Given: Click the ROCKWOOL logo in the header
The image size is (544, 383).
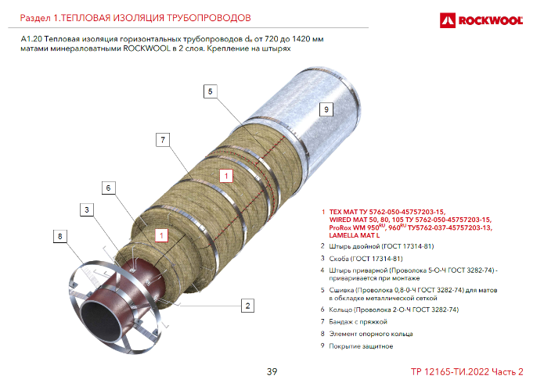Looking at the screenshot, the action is (x=481, y=20).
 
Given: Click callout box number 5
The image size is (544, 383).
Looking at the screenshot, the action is (x=210, y=91).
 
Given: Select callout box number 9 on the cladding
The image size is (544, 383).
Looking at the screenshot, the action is (x=326, y=109).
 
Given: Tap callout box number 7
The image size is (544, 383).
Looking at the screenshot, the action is (x=163, y=140).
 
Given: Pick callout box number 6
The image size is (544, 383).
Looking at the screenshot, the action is (x=108, y=188).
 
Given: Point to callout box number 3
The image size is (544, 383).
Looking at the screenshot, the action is (x=87, y=209).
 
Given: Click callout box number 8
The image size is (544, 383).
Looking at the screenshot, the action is (x=60, y=236).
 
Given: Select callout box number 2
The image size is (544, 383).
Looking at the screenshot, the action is (x=247, y=306).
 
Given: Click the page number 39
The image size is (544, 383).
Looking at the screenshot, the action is (x=272, y=371).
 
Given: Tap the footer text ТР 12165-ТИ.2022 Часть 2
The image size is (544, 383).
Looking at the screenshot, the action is (x=467, y=372).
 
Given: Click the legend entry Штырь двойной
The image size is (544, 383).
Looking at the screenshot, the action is (x=381, y=246).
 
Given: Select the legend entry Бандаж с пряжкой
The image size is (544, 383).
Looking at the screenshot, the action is (x=358, y=322).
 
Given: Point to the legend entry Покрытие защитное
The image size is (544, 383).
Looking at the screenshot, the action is (x=361, y=346).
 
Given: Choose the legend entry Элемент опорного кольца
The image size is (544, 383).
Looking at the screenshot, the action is (x=371, y=334).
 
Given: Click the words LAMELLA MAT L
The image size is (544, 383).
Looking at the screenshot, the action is (x=355, y=236).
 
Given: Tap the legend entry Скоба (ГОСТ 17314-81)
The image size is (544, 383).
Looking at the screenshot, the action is (x=366, y=259).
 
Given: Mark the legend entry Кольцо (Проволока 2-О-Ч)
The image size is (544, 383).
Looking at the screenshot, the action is (x=394, y=310).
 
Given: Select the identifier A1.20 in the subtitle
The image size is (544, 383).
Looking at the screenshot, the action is (x=31, y=39).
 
